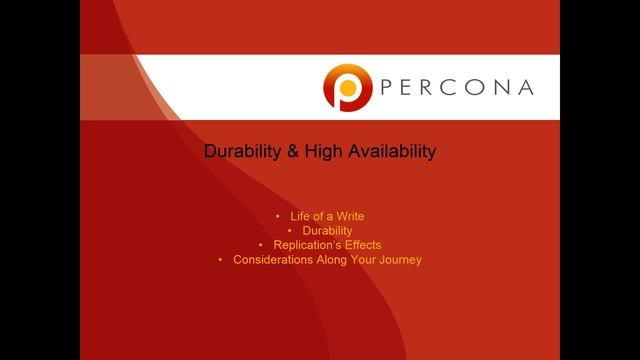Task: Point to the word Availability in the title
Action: tap(392, 152)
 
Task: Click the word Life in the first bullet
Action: tap(301, 216)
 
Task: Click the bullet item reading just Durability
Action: tap(327, 230)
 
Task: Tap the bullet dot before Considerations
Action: tap(221, 260)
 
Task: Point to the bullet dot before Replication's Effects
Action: tap(261, 245)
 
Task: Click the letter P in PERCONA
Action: tap(388, 87)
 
